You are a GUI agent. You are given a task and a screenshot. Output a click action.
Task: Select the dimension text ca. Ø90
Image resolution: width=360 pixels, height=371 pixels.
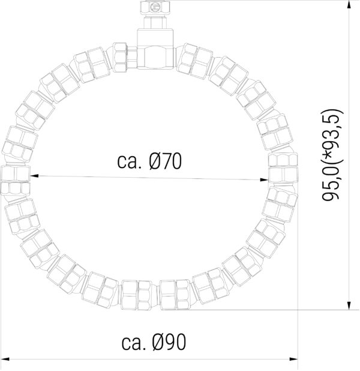(154, 342)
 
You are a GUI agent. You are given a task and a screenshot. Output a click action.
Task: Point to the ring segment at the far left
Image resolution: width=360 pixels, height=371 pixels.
(14, 178)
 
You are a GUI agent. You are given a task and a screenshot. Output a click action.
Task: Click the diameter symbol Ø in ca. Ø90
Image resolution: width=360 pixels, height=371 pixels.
(159, 342)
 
